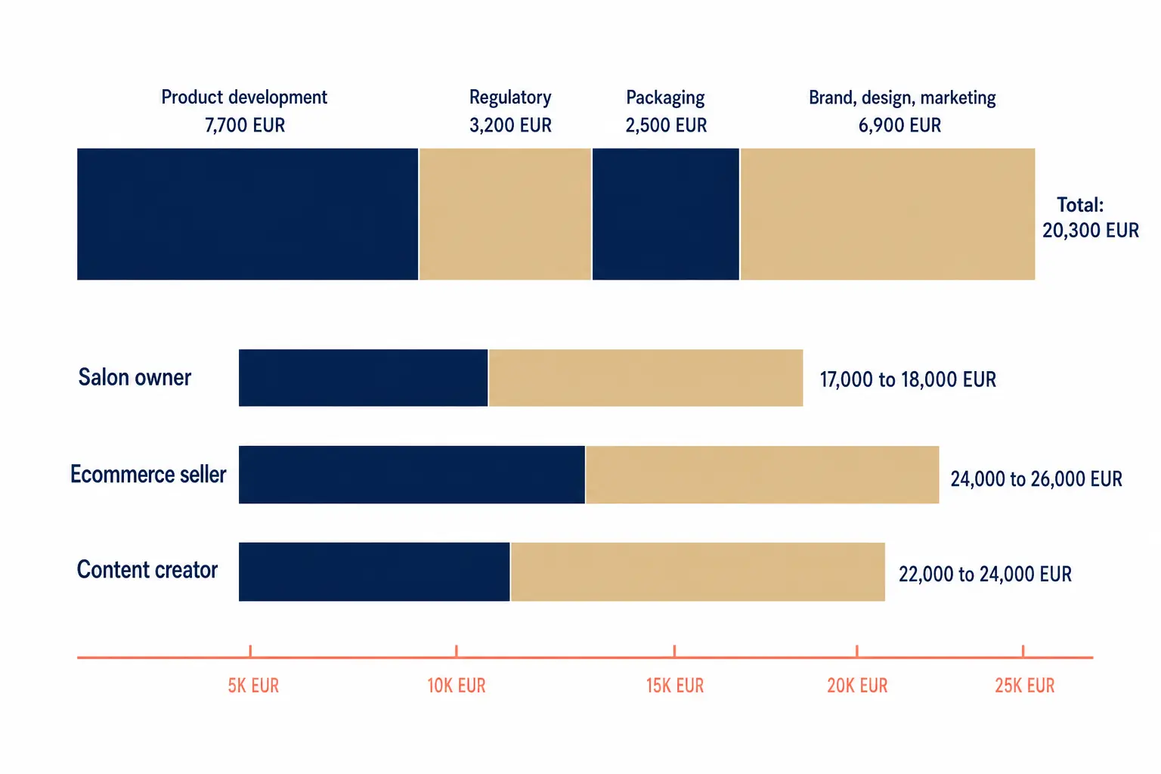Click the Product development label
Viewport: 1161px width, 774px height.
click(x=244, y=98)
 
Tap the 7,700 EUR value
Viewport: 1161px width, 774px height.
click(x=245, y=125)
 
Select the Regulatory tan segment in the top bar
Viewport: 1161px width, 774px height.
click(x=505, y=214)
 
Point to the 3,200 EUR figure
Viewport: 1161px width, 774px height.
click(x=510, y=125)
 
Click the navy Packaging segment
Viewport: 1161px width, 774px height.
click(x=665, y=214)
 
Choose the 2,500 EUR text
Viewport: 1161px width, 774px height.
click(x=666, y=125)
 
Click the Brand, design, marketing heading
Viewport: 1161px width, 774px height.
click(x=902, y=98)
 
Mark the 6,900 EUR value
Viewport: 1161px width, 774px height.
click(x=899, y=125)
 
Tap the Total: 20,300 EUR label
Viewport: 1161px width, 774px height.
click(x=1091, y=217)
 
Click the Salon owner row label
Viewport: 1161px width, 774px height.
click(x=135, y=377)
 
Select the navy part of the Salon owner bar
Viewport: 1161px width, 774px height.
click(x=363, y=377)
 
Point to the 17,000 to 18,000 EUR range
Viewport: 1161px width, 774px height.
click(x=908, y=379)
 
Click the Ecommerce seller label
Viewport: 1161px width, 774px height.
click(x=148, y=474)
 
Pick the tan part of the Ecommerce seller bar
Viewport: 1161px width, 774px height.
click(x=763, y=475)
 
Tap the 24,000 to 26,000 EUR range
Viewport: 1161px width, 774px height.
click(x=1036, y=478)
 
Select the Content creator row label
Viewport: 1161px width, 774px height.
click(x=147, y=569)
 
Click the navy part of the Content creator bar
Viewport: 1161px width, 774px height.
click(x=374, y=572)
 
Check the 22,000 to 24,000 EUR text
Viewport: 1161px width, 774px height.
click(x=985, y=574)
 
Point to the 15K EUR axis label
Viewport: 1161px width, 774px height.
click(x=675, y=686)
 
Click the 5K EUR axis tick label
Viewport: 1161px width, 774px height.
click(x=253, y=686)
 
